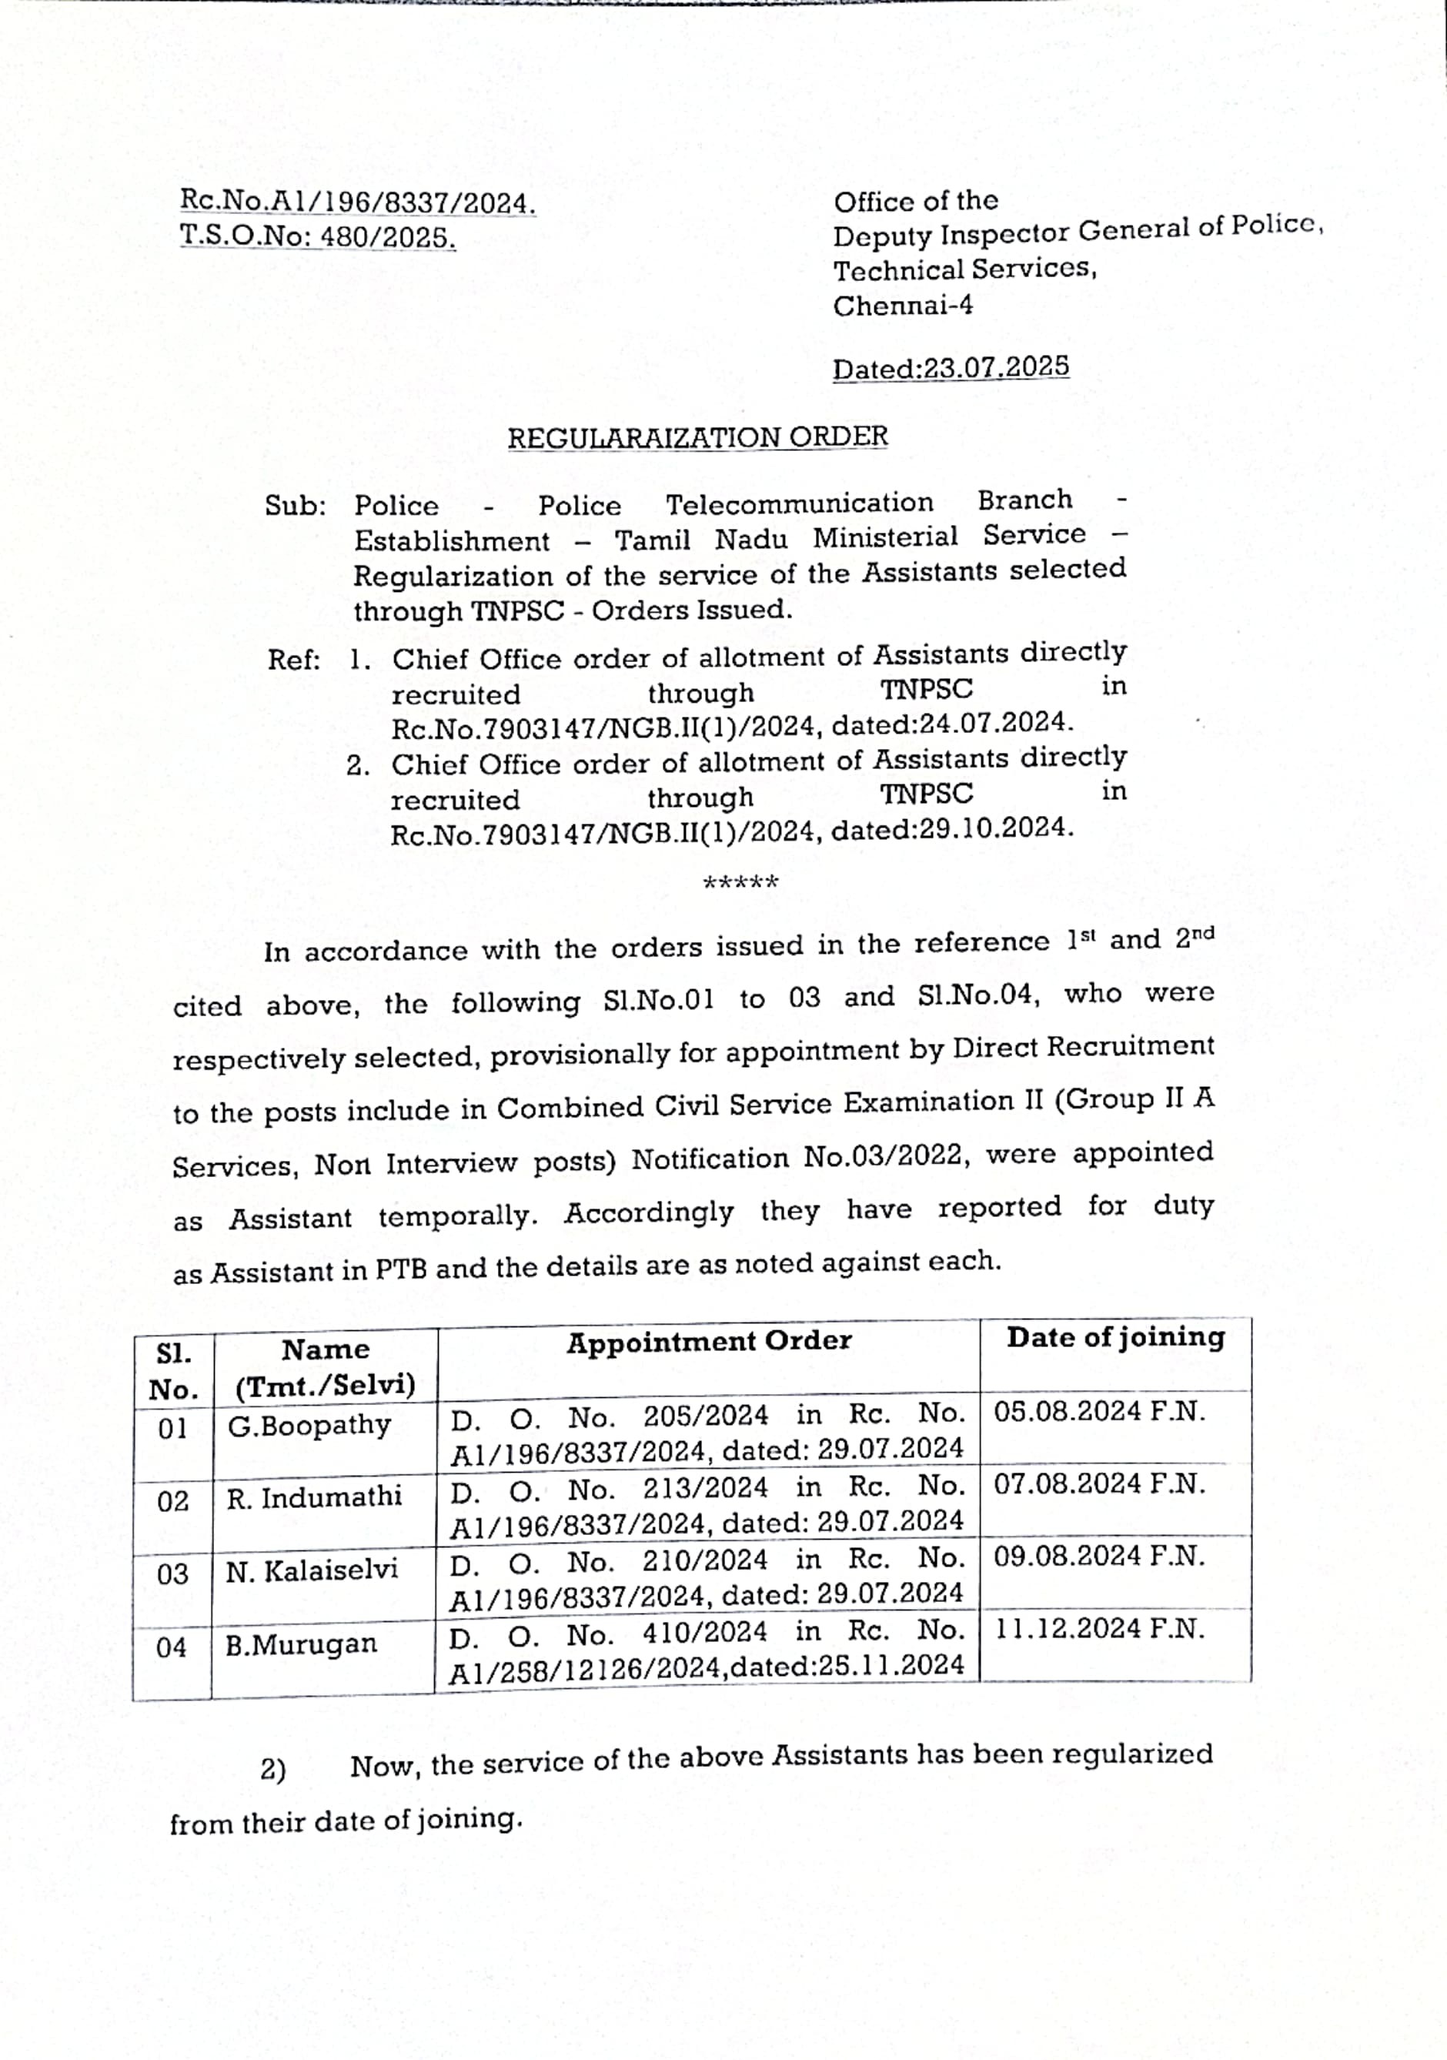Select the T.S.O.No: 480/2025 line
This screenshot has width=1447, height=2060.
318,237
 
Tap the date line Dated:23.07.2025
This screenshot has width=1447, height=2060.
950,369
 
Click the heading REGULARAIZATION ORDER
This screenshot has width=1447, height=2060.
697,438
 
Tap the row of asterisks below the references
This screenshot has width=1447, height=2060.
740,883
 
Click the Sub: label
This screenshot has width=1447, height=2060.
294,507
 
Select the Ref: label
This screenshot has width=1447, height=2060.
294,661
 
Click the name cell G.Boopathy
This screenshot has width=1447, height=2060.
309,1425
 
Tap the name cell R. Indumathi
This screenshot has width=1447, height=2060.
313,1497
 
